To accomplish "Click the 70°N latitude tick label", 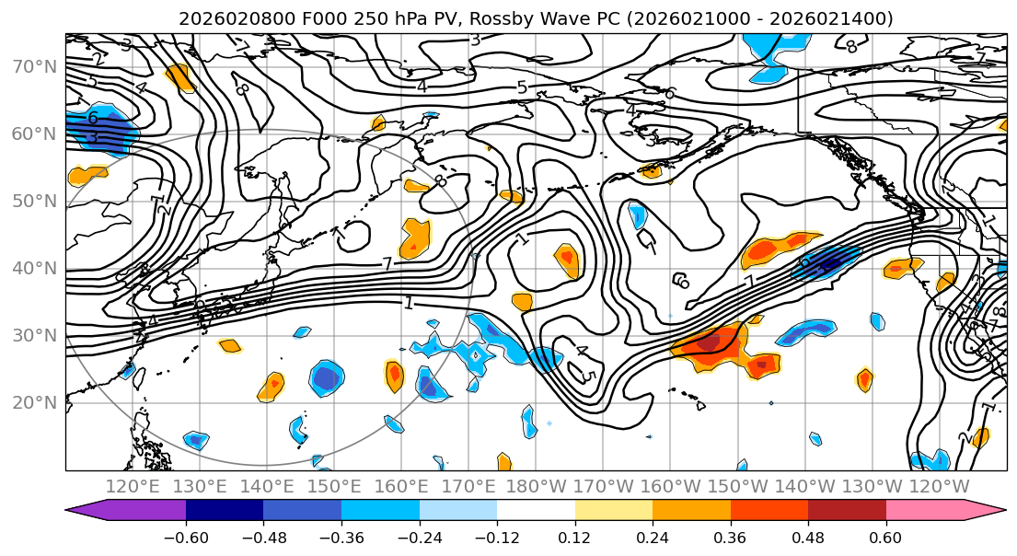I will click(x=34, y=66).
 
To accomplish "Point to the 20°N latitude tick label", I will click(x=34, y=402).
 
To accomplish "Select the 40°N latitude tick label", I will click(x=34, y=268).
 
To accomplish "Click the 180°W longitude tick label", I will click(x=535, y=486).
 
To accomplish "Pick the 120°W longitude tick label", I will click(x=938, y=486).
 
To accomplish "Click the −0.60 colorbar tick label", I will click(x=185, y=536).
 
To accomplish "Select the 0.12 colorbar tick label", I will click(x=575, y=536).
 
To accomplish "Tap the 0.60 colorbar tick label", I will click(x=886, y=536).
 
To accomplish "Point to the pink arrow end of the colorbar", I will click(x=985, y=511).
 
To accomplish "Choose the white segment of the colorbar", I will click(x=536, y=511).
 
